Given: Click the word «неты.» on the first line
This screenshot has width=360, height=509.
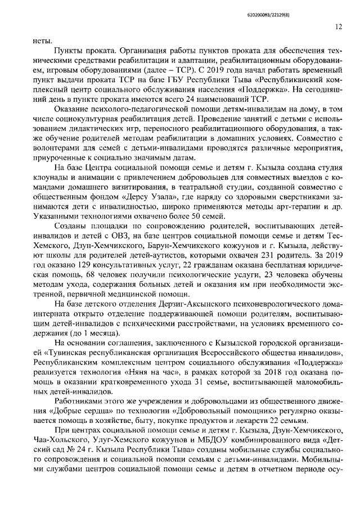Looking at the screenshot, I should (43, 40).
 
